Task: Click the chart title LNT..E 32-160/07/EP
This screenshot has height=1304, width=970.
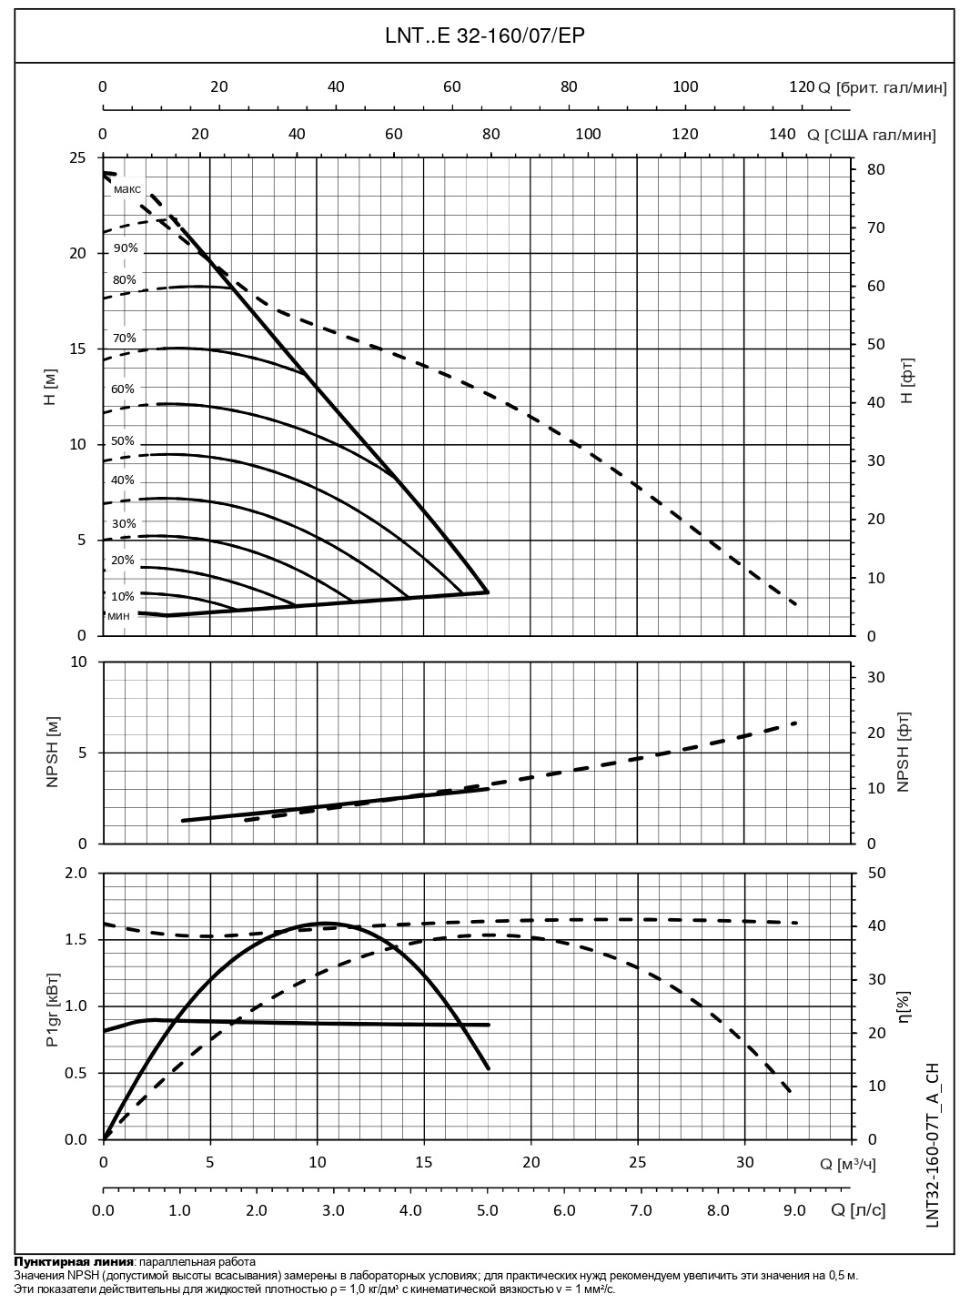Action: click(x=484, y=36)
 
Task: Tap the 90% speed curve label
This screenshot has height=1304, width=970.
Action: click(x=126, y=248)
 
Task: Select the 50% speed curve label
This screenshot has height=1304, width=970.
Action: click(x=123, y=440)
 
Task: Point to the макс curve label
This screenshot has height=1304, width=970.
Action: click(x=127, y=189)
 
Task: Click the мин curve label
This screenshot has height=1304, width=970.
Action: click(x=118, y=616)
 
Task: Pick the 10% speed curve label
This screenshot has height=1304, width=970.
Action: click(x=123, y=596)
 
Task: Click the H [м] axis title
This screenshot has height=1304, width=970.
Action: click(x=51, y=396)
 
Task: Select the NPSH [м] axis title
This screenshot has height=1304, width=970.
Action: click(x=51, y=752)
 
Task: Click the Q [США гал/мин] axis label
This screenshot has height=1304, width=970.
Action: click(x=871, y=135)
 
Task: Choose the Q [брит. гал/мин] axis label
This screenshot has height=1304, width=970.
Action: click(x=882, y=87)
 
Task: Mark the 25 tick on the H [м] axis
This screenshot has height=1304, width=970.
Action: click(x=78, y=157)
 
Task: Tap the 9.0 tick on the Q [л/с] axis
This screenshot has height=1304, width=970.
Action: click(x=794, y=1210)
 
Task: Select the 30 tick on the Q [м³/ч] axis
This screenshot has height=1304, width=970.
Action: click(x=744, y=1162)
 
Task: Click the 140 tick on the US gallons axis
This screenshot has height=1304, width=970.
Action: click(x=783, y=134)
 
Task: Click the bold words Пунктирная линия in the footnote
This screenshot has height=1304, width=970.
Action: click(x=73, y=1262)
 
